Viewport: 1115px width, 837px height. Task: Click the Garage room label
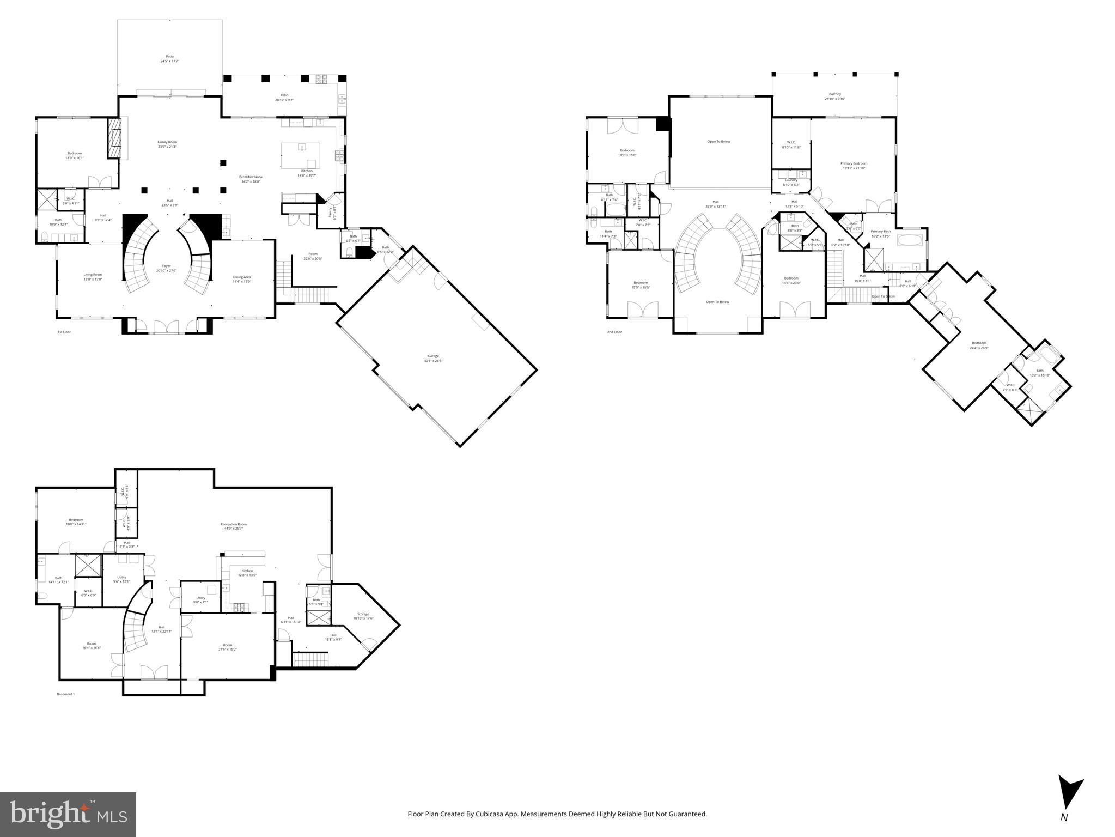(x=433, y=356)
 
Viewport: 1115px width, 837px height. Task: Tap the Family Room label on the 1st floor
(x=167, y=142)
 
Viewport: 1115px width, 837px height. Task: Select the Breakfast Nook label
(x=251, y=177)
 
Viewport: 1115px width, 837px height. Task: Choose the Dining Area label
(x=241, y=277)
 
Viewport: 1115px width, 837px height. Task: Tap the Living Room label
(x=93, y=275)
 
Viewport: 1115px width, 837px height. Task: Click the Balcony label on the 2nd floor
(x=834, y=94)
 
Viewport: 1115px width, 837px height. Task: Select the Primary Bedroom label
(x=854, y=164)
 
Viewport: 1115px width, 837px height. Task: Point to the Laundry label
(x=791, y=180)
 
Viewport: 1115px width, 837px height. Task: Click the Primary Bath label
(x=880, y=232)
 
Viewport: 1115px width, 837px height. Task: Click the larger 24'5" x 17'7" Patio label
(x=170, y=56)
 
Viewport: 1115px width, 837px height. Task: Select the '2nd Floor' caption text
(x=614, y=332)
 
